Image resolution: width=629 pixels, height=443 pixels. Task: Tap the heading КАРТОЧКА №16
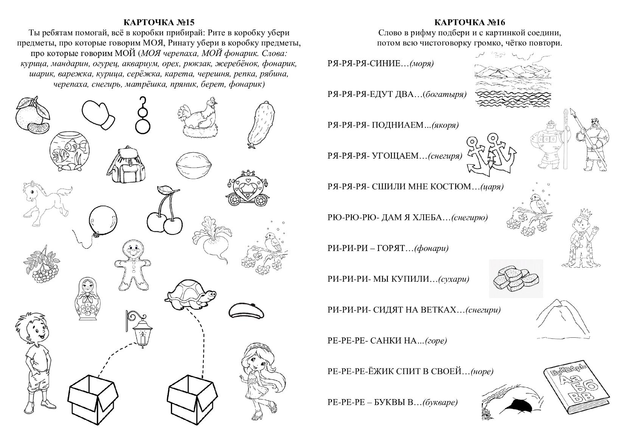(x=469, y=23)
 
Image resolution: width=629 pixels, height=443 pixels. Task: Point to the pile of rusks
(x=516, y=278)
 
